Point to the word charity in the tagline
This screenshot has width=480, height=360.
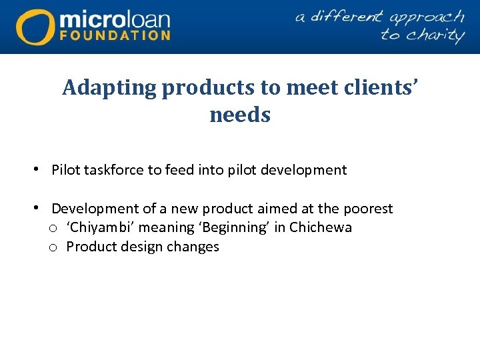[x=432, y=34]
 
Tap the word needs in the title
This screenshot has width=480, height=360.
[x=240, y=115]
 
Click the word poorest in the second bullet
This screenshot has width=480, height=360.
[x=368, y=209]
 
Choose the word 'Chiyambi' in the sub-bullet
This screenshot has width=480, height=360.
[x=100, y=227]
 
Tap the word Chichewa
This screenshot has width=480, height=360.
[x=321, y=227]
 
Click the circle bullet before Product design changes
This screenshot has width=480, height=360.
[x=52, y=247]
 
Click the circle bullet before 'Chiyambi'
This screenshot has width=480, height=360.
[x=52, y=228]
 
